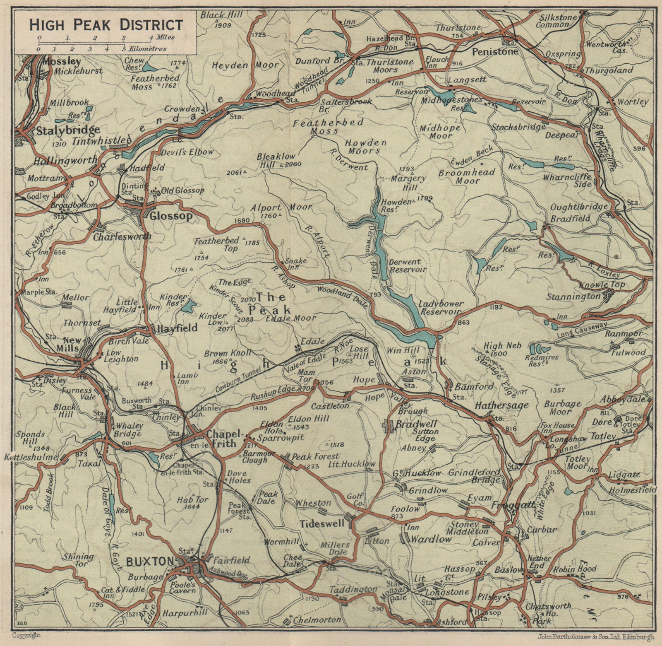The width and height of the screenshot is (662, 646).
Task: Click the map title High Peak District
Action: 106,24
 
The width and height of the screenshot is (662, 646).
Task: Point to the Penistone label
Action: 495,52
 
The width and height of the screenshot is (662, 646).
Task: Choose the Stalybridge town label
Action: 68,130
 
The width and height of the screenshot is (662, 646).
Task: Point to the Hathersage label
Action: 501,405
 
